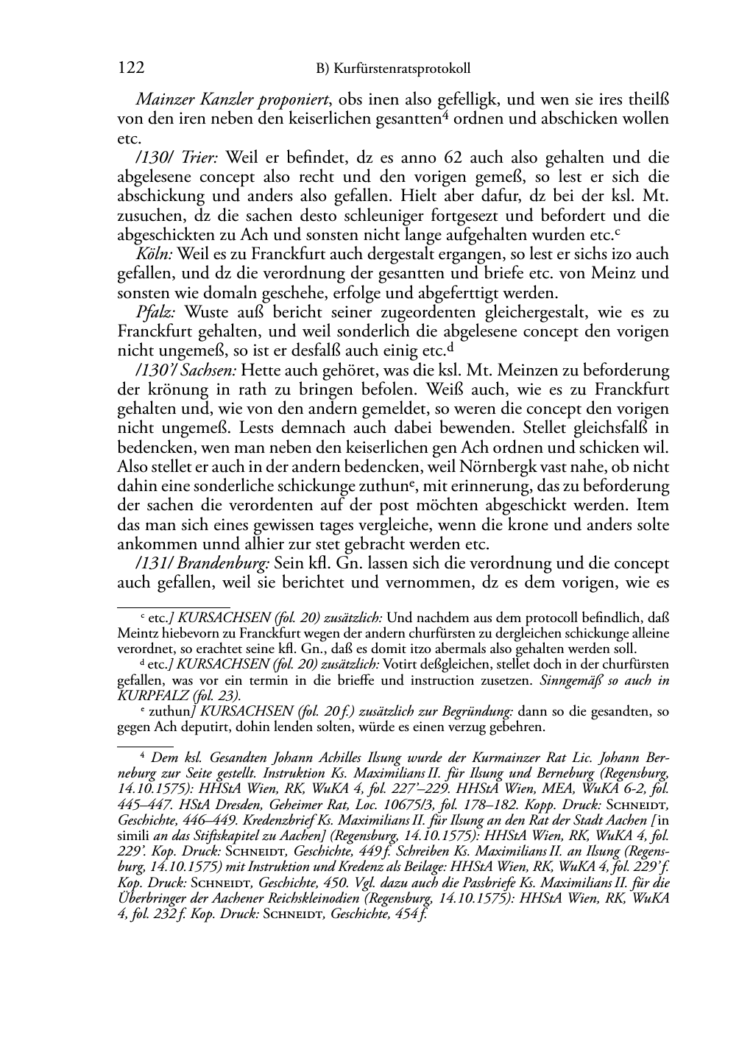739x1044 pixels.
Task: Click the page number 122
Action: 130,68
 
